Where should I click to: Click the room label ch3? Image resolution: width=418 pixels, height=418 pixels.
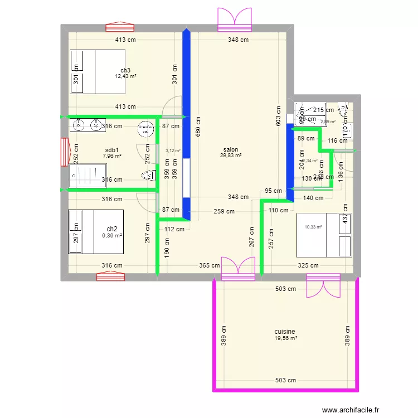125,70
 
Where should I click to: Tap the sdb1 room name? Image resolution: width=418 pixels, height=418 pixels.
111,150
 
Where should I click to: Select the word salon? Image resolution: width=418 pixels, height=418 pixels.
231,149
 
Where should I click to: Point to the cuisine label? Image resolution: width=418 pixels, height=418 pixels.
285,332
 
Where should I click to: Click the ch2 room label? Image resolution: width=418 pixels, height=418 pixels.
112,229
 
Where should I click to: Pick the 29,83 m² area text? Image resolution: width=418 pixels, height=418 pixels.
231,156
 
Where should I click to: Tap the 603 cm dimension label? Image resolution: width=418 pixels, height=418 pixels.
279,116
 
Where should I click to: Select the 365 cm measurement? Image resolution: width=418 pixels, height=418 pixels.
210,266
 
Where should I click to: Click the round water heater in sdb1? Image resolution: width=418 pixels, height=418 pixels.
147,129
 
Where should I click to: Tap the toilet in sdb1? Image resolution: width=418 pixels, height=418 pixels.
148,176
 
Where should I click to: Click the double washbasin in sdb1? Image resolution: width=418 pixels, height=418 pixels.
88,125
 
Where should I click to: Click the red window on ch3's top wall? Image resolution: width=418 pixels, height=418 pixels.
120,26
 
